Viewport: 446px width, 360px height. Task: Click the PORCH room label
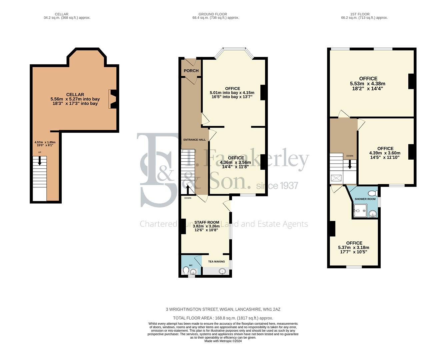(x=191, y=71)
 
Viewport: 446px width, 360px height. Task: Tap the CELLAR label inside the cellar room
(x=75, y=95)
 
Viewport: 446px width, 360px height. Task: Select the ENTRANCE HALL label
(x=194, y=140)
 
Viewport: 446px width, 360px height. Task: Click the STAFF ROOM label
(x=207, y=222)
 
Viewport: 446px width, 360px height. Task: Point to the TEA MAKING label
(x=216, y=262)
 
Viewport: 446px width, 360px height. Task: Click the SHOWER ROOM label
(x=365, y=199)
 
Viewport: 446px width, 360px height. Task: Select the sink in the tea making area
(x=222, y=272)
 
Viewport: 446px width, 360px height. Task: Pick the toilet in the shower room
(x=374, y=193)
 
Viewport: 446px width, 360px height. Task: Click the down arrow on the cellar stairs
(x=40, y=161)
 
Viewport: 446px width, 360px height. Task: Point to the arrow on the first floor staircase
(x=350, y=165)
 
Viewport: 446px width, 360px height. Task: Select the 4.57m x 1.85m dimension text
(x=45, y=142)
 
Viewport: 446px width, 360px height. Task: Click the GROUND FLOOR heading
(x=213, y=14)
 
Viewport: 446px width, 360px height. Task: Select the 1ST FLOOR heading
(x=360, y=14)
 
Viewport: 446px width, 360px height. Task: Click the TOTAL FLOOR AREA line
(x=223, y=318)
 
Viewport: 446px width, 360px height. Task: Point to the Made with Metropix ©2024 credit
(x=223, y=341)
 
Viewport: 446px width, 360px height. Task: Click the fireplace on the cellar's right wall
(x=113, y=99)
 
